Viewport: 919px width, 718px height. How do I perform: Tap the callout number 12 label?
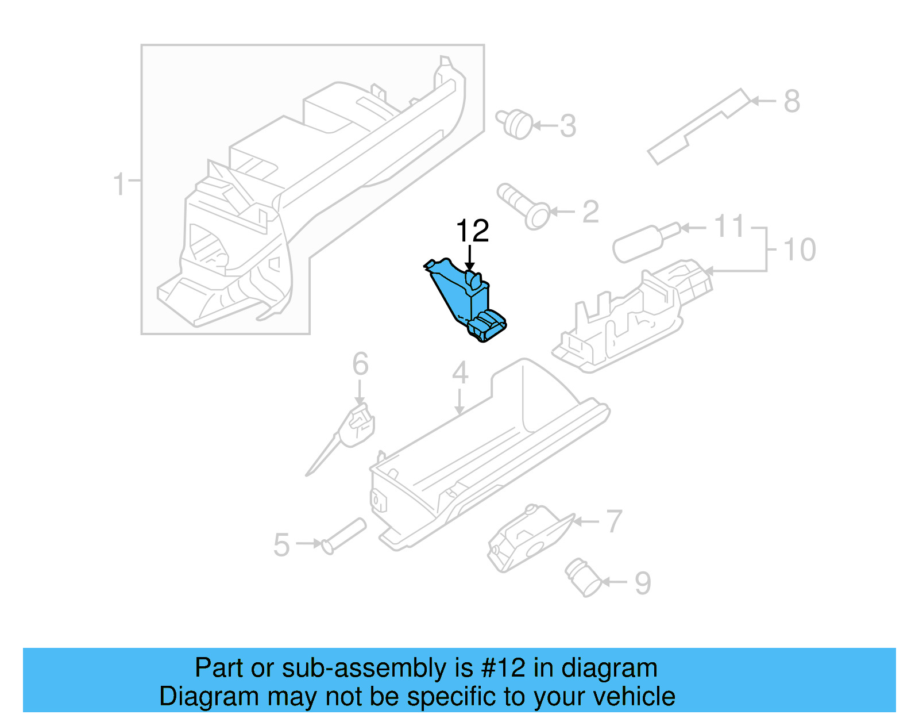tap(472, 231)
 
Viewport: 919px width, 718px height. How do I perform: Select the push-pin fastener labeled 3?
tap(515, 124)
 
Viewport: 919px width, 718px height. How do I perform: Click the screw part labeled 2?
tap(524, 206)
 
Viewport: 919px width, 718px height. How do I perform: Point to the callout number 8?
tap(791, 101)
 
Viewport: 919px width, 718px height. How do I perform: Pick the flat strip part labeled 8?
tap(698, 127)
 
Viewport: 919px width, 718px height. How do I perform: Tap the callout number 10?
tap(799, 250)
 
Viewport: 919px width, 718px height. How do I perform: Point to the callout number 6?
tap(360, 364)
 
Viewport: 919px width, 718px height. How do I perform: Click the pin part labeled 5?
tap(345, 535)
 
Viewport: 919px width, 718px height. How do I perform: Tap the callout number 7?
tap(614, 521)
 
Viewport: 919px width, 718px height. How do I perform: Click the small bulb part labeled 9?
tap(583, 578)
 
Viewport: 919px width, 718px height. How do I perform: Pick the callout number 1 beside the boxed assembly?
tap(119, 185)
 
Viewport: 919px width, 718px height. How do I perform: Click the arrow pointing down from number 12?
tap(470, 256)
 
